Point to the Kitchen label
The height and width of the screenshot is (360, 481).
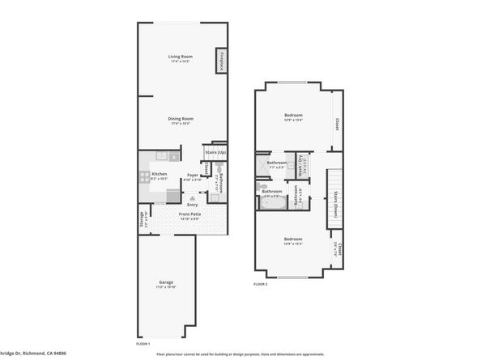(x=160, y=174)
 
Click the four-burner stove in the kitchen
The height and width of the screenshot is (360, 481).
(x=172, y=194)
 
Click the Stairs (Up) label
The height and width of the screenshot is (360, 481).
(x=215, y=152)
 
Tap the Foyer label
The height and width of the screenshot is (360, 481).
(x=194, y=174)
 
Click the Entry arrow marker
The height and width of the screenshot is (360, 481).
(x=193, y=196)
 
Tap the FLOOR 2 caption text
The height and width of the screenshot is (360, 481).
(x=261, y=285)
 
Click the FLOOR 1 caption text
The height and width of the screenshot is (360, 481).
(x=143, y=344)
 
